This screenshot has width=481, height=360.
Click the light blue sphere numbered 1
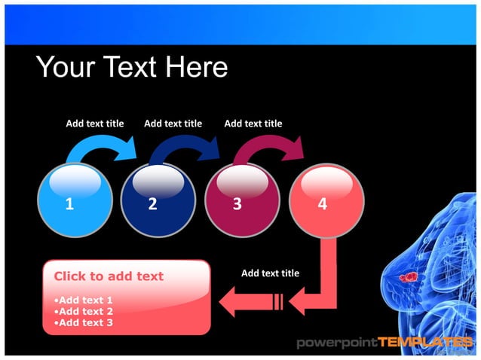tap(74, 200)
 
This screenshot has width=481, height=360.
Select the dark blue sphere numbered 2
tap(158, 200)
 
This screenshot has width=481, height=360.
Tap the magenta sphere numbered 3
tap(242, 200)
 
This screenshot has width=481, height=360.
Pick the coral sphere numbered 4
tap(327, 200)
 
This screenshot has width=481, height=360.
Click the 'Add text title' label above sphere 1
tap(94, 124)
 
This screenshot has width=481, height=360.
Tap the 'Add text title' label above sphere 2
tap(173, 124)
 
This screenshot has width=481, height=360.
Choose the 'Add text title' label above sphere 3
tap(253, 124)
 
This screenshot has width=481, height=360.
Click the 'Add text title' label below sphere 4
tap(270, 273)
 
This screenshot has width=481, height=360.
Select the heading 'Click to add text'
tap(109, 276)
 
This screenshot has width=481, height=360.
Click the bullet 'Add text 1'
tap(84, 300)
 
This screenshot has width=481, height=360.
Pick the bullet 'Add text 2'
tap(84, 311)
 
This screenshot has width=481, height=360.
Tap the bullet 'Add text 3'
tap(84, 322)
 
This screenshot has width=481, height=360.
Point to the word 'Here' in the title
tap(197, 68)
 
